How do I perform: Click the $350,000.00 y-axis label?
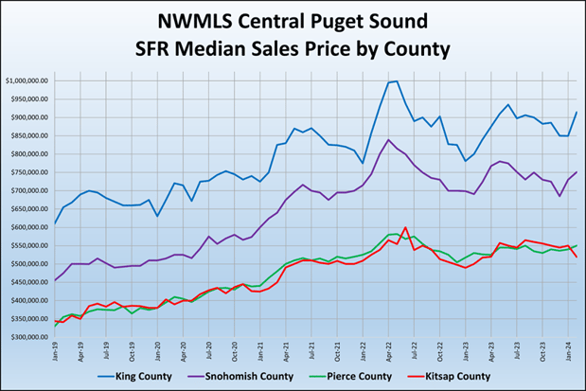click(x=30, y=337)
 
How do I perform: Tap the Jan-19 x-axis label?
click(x=54, y=350)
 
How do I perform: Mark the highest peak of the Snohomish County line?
click(x=388, y=140)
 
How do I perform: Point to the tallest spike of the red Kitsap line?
click(x=405, y=227)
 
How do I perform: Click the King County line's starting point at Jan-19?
click(x=55, y=223)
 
